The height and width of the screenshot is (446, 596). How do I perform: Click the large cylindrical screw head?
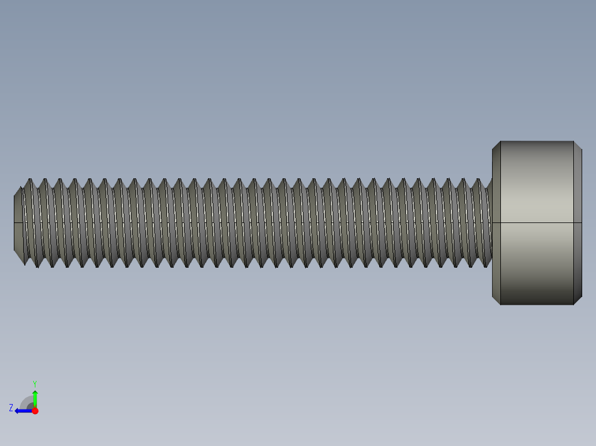coord(536,223)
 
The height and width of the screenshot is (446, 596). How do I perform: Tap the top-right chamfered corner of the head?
coord(578,145)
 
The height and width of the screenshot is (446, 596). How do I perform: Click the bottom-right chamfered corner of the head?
coord(578,300)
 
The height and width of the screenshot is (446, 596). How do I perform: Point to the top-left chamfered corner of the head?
coord(496,145)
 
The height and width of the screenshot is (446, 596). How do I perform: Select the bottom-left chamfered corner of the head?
coord(496,300)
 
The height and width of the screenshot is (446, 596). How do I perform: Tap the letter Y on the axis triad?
coord(34,383)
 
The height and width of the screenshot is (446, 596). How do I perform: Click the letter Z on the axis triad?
coord(11,407)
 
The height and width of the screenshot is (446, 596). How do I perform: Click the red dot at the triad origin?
coord(35,411)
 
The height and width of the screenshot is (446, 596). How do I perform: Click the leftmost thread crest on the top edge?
coord(30,179)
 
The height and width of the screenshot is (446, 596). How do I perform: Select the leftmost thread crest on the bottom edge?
coord(37,266)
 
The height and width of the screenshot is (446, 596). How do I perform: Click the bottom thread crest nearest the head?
coord(485,266)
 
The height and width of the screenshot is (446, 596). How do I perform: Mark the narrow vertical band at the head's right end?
coord(578,223)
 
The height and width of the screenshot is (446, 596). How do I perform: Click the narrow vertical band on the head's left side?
coord(496,223)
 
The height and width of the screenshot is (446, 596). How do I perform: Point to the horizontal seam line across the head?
coord(536,222)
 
